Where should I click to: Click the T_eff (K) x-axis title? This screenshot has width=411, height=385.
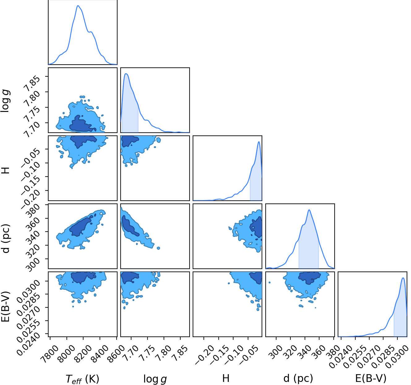(x=82, y=379)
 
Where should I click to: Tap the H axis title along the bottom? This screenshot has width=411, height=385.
(x=226, y=379)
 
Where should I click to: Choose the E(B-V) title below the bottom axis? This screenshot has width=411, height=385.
(x=371, y=379)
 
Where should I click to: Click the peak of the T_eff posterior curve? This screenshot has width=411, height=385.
(x=78, y=6)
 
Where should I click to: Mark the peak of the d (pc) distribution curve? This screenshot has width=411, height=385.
(x=309, y=210)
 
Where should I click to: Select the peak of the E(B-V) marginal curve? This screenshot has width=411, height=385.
(x=403, y=278)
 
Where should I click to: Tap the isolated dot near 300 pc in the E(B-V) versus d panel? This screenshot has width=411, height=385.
(x=269, y=282)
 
